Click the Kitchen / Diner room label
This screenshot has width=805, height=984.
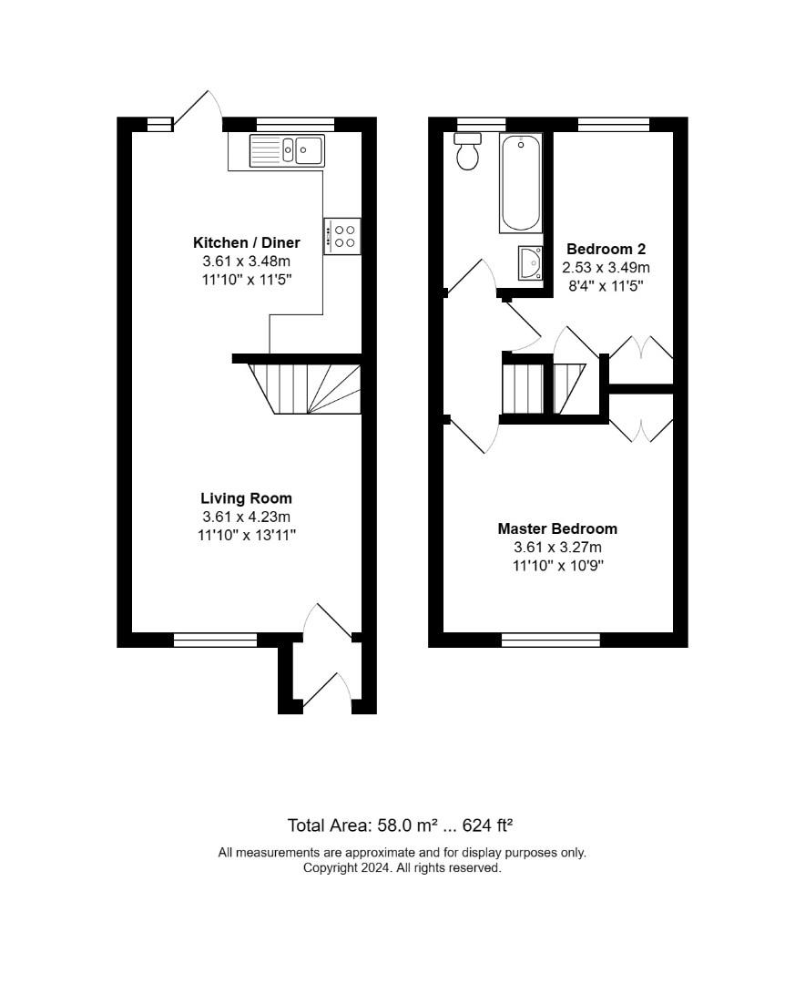point(247,243)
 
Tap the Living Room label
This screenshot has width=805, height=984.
point(247,498)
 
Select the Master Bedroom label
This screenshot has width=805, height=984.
point(558,528)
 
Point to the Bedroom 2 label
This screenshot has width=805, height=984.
point(606,249)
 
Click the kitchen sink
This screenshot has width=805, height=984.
point(288,150)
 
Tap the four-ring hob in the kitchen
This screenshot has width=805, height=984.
point(342,236)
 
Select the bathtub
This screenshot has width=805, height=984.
point(520,183)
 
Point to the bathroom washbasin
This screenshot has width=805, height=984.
point(531,263)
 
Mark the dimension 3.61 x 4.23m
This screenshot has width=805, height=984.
point(247,518)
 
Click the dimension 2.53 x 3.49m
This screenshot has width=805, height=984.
point(606,268)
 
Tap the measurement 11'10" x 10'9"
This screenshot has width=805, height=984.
point(558,566)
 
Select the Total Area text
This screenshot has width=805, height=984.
point(401,825)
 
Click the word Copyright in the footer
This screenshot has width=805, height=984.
point(328,868)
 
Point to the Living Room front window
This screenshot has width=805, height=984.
point(215,641)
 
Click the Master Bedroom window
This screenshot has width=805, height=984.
point(551,641)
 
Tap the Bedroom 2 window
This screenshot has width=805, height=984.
point(614,124)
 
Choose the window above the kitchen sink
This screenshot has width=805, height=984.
point(296,124)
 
